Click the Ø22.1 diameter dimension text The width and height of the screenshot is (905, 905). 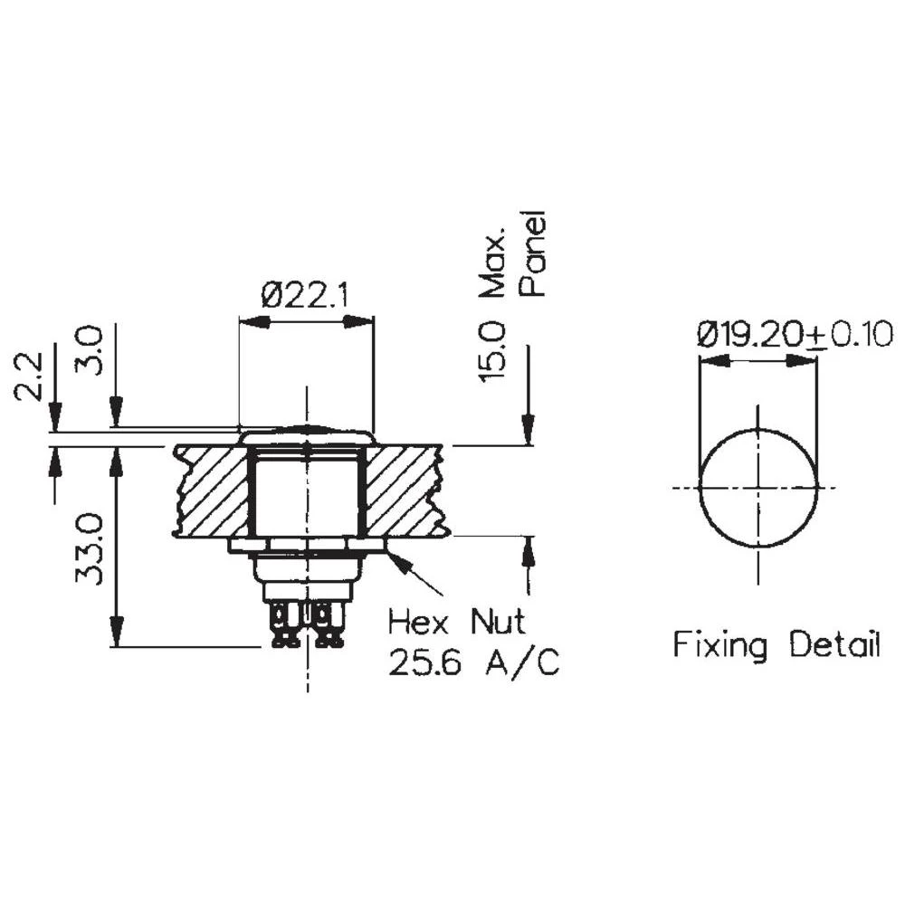tap(305, 295)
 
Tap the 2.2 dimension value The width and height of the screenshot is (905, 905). tap(29, 376)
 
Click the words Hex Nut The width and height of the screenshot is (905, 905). tap(457, 623)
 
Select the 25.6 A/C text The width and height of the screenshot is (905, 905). tap(473, 665)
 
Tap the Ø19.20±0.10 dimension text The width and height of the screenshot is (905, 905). tap(795, 335)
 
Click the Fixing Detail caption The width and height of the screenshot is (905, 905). tap(776, 645)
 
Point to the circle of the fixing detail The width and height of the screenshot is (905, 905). tap(758, 488)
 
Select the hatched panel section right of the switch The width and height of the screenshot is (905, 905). tap(405, 489)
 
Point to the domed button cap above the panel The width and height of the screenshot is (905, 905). tap(307, 433)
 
